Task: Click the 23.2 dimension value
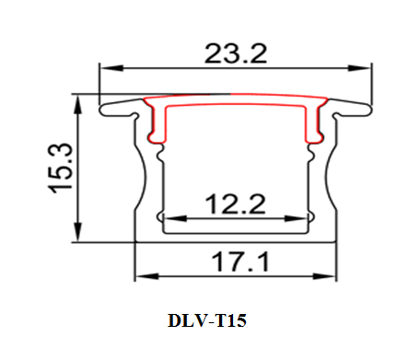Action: [x=236, y=53]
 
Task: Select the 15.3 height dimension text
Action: [x=60, y=168]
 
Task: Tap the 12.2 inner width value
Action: [x=235, y=203]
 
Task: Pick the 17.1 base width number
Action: [x=240, y=261]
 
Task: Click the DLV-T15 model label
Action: [x=207, y=320]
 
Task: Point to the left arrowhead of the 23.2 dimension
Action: [x=111, y=68]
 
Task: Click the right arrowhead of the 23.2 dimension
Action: [x=359, y=68]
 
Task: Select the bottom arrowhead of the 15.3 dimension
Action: [x=78, y=231]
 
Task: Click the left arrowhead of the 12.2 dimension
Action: [x=175, y=218]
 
